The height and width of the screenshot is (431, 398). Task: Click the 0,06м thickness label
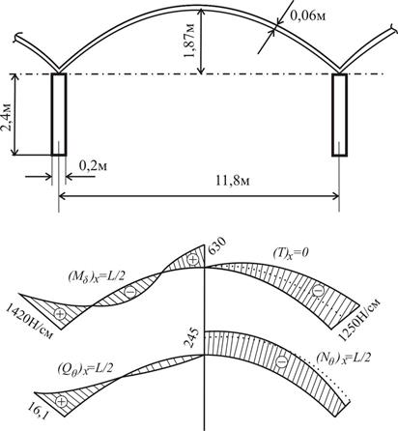308,15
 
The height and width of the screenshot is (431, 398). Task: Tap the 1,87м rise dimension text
189,41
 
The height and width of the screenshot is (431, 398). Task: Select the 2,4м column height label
7,118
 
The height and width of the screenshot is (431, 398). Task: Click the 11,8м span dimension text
233,181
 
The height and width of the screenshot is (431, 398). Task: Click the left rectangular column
59,115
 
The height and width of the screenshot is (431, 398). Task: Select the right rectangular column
340,115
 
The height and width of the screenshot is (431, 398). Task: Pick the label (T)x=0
291,254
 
